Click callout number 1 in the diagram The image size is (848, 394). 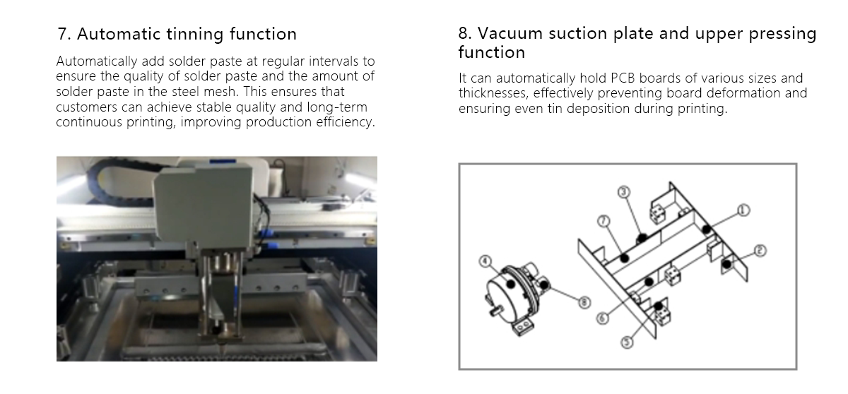click(x=743, y=209)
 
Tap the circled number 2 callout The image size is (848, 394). click(x=760, y=250)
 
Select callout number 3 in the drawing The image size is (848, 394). click(x=623, y=191)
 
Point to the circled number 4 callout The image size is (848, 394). click(x=485, y=261)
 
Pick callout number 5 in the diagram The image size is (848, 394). click(x=626, y=342)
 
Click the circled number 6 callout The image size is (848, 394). click(x=603, y=318)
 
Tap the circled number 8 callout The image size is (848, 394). click(x=584, y=302)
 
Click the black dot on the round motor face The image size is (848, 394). click(x=508, y=280)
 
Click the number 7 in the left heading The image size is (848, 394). click(x=61, y=34)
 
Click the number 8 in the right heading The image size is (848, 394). click(x=464, y=34)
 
